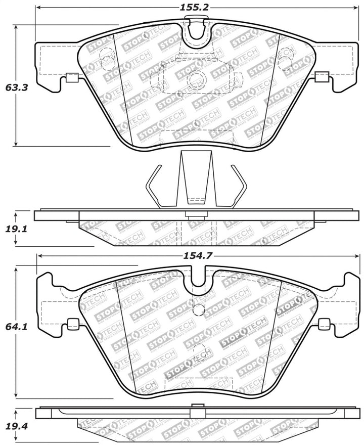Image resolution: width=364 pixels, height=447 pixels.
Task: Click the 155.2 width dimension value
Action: (x=195, y=8)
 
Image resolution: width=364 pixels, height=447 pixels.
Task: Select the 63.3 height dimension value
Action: (x=16, y=87)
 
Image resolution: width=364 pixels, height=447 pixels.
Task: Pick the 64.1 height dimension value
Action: (x=16, y=327)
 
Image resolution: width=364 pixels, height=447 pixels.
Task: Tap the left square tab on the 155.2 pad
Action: (x=72, y=78)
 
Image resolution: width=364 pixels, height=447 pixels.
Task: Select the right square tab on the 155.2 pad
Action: (x=322, y=77)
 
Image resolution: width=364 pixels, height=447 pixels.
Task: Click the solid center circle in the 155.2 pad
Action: (x=195, y=79)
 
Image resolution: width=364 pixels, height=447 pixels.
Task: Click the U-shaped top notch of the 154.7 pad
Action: (x=197, y=284)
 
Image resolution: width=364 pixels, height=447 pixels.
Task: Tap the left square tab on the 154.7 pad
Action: (x=73, y=324)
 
